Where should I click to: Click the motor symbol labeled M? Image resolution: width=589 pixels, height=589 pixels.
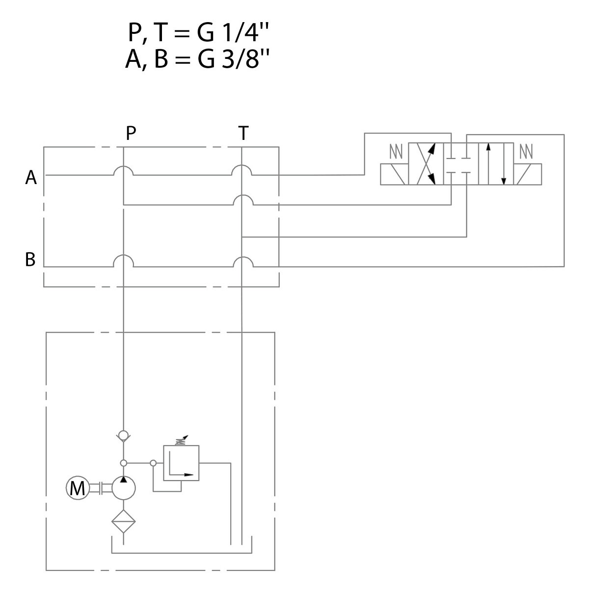[77, 488]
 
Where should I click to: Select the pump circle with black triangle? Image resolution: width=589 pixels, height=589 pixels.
[123, 488]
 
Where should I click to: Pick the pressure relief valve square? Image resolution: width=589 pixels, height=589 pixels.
[181, 463]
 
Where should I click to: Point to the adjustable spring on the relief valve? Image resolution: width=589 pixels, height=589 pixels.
[181, 440]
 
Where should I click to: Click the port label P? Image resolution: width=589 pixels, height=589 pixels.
[130, 133]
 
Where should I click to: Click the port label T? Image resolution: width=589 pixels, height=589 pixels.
[243, 133]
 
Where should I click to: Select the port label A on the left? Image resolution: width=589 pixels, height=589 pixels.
[31, 178]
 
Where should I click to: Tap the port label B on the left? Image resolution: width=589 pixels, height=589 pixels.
[30, 259]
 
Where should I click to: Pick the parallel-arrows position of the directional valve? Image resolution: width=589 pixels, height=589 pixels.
[495, 164]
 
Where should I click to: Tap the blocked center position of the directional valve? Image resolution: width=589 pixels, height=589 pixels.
[460, 164]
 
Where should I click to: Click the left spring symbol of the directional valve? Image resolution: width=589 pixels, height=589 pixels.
[396, 152]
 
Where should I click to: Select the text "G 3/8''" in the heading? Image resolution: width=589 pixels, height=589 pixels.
[237, 59]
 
